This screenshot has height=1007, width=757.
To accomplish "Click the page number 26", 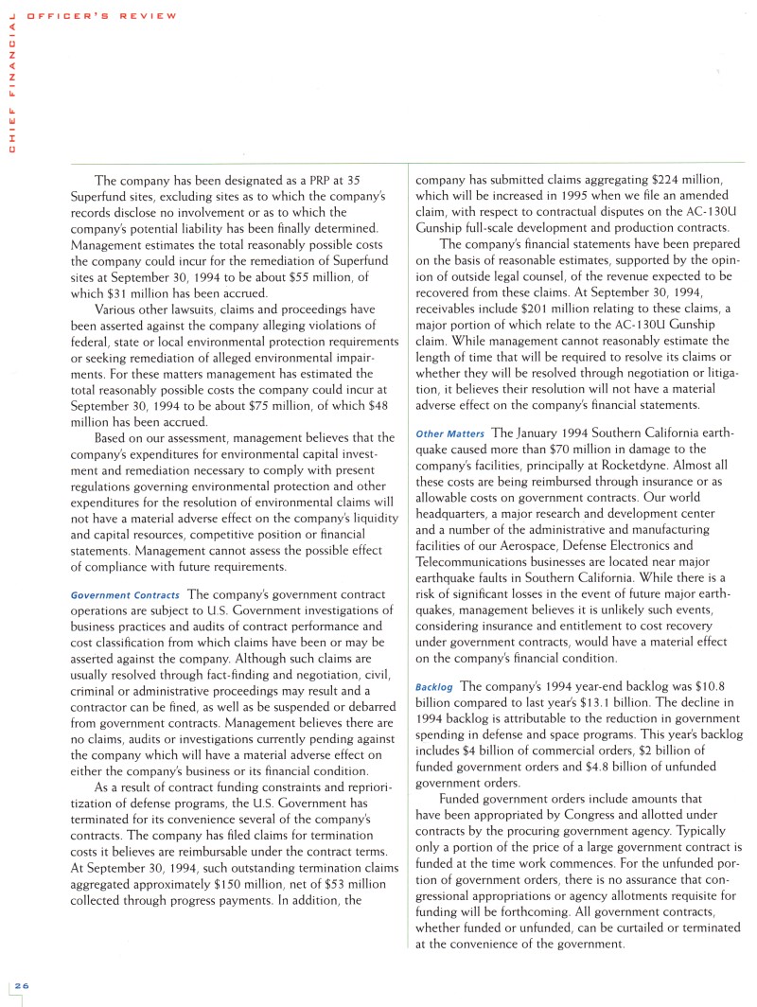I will coord(20,985).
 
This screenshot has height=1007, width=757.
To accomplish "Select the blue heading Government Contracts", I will coord(125,595).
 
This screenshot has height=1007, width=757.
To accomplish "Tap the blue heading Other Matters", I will coord(449,434).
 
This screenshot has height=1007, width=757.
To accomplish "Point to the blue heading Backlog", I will coord(435,685).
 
